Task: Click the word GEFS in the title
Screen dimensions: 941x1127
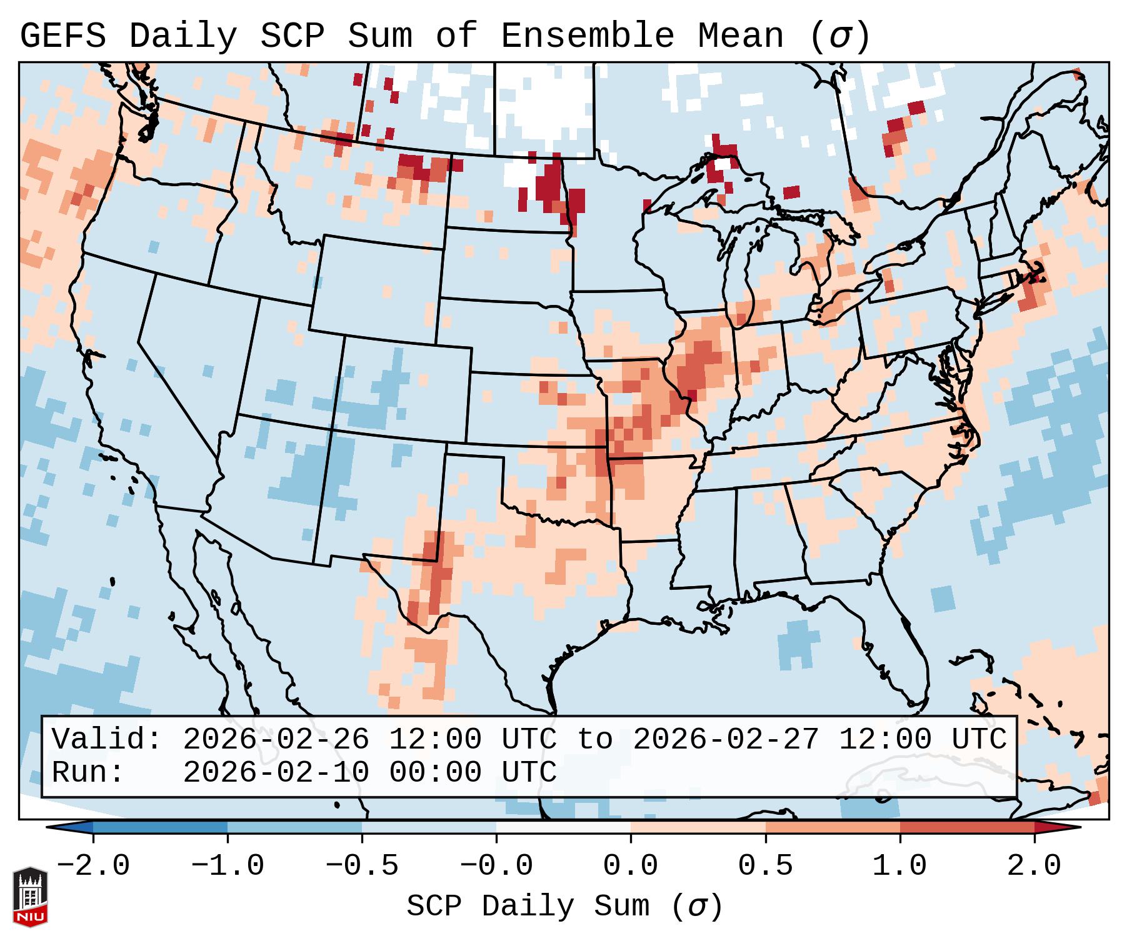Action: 63,36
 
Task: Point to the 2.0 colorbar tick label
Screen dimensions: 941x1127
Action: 1034,866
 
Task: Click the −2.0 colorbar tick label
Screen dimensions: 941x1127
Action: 93,866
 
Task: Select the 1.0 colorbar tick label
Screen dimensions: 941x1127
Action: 899,866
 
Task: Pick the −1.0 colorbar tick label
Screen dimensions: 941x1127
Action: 228,866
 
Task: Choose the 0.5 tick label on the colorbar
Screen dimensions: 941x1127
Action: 765,866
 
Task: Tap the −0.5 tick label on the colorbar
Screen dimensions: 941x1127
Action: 362,866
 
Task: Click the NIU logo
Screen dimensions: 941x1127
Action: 30,897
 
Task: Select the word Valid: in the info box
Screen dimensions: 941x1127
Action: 106,740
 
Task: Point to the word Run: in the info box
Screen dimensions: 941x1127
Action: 88,773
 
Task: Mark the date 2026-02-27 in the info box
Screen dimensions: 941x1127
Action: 726,740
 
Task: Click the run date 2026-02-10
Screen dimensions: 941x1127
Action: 276,773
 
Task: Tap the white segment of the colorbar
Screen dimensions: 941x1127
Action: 563,827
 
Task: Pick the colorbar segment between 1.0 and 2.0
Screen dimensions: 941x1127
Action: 967,827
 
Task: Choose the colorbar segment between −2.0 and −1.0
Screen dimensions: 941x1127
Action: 160,827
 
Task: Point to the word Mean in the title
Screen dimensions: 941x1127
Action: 741,36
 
